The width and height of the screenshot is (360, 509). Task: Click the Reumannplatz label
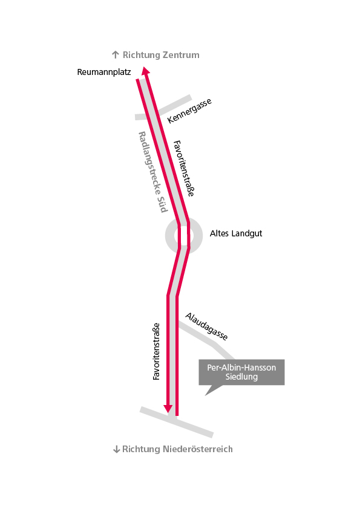[104, 72]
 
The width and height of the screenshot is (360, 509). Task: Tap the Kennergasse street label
[189, 111]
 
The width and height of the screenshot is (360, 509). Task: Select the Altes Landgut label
[236, 233]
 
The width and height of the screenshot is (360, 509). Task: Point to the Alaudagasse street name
[206, 326]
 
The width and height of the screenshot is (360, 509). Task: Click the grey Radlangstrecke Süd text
[153, 172]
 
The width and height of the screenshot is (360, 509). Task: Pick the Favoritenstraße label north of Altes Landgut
[183, 169]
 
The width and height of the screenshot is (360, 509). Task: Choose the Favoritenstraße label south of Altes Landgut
[156, 351]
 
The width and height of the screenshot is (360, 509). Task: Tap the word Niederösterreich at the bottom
[197, 449]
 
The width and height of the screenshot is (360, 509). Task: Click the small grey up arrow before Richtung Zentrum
[116, 54]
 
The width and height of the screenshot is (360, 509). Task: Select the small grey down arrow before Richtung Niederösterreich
[116, 450]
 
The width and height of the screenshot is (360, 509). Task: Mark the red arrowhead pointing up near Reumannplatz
[146, 71]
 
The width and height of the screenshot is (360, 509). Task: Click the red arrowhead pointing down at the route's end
[168, 409]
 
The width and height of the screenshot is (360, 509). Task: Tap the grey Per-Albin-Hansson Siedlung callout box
[241, 372]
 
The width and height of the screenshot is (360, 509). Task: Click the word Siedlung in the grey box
[241, 377]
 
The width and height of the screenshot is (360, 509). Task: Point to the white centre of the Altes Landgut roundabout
[184, 236]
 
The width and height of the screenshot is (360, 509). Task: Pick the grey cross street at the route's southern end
[177, 422]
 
